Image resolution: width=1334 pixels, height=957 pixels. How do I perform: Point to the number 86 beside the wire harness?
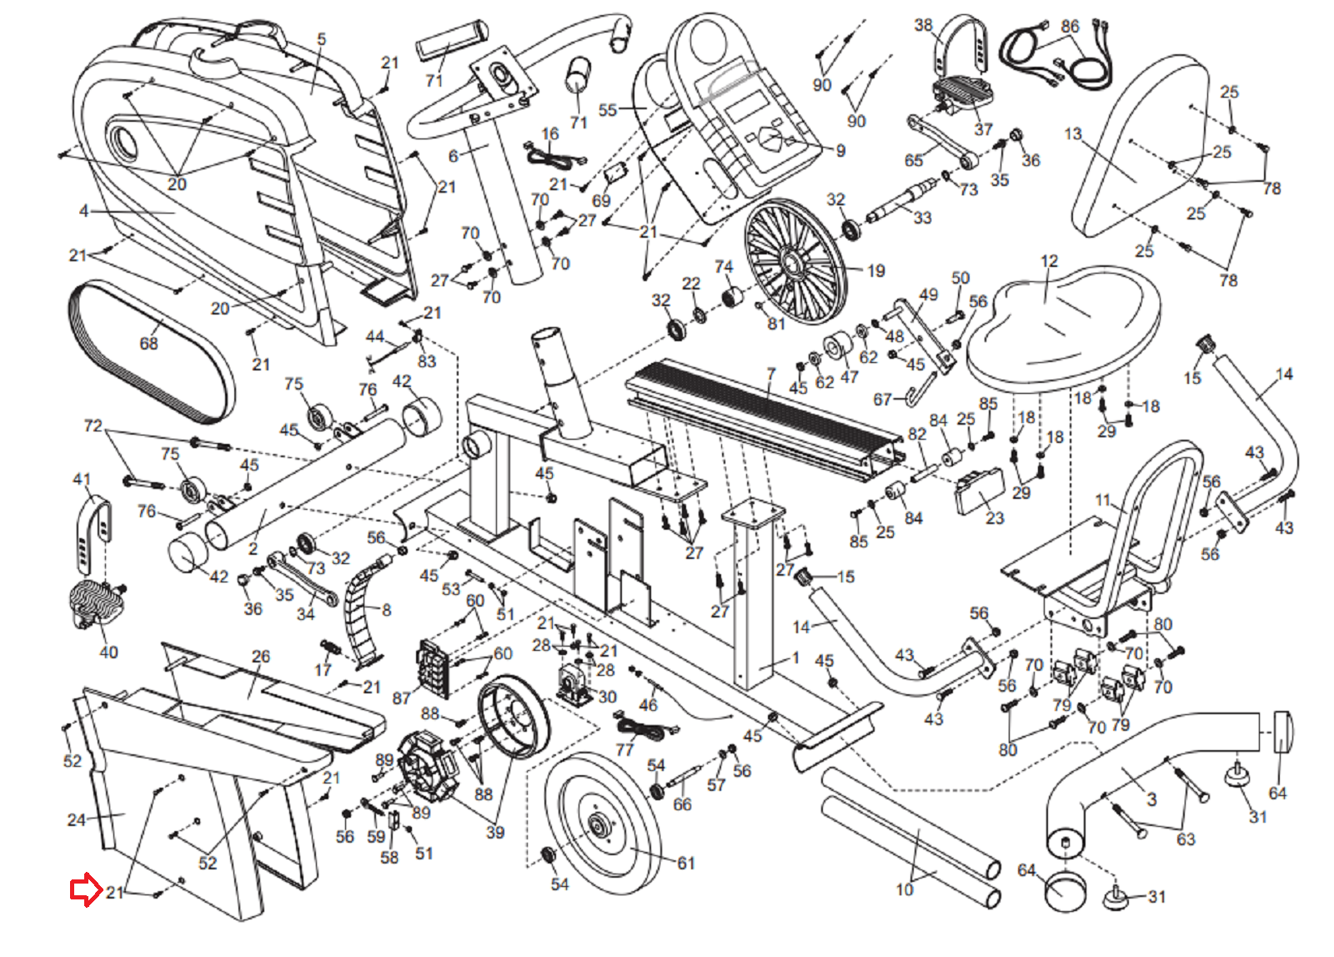(x=1071, y=27)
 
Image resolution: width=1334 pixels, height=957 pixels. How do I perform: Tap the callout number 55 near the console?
(x=607, y=110)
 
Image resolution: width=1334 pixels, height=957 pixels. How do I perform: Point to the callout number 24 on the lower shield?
(x=76, y=819)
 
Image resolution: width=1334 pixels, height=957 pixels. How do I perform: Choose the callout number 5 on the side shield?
(x=322, y=39)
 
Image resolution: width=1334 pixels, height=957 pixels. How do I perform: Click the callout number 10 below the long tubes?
(x=905, y=890)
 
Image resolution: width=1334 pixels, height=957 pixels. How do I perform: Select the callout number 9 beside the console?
(x=840, y=151)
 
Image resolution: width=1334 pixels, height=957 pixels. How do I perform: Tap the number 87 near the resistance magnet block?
(x=401, y=698)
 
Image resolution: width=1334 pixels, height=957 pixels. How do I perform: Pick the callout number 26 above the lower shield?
(x=261, y=657)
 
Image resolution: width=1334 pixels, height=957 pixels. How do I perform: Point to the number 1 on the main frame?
(x=795, y=658)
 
